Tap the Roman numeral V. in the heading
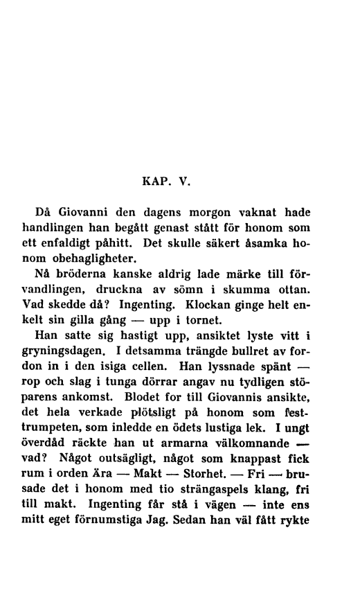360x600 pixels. (x=178, y=184)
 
